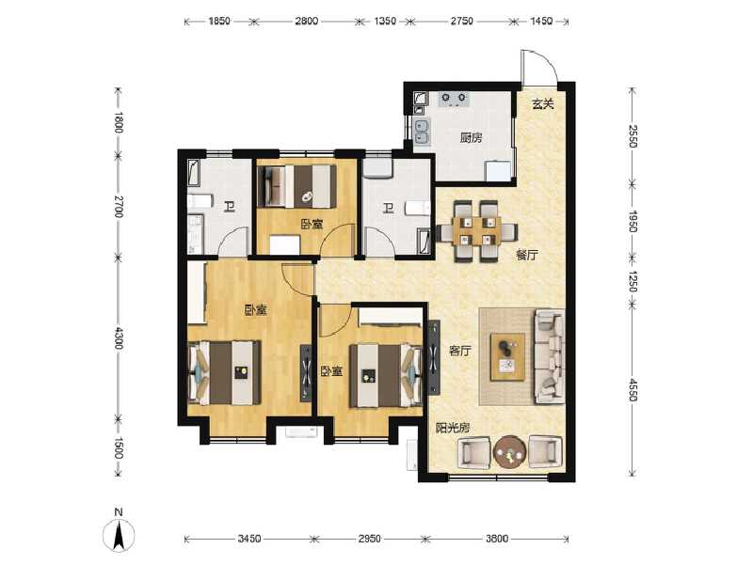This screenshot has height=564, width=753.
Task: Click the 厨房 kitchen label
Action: [471, 137]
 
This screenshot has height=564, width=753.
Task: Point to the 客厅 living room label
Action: [458, 351]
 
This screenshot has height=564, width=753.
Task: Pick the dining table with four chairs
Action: [475, 231]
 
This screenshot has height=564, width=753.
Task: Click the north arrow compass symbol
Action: [120, 533]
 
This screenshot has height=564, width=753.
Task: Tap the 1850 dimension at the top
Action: [220, 19]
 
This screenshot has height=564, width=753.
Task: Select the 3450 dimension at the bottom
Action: [248, 539]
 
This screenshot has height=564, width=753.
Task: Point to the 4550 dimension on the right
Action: [633, 384]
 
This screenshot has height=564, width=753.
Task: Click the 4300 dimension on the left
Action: [119, 337]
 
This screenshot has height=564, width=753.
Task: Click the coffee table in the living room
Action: [508, 356]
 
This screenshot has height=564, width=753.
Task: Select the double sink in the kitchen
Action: [422, 133]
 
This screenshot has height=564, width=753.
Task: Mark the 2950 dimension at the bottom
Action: [369, 539]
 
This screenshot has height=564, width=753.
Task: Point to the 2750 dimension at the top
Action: [459, 19]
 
